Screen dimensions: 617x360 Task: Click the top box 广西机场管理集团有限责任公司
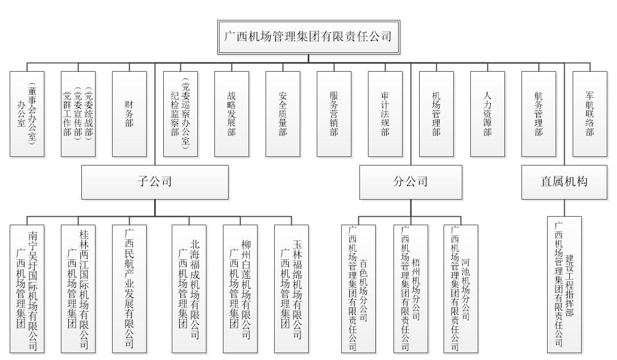coord(308,37)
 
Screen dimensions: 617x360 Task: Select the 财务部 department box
coord(129,114)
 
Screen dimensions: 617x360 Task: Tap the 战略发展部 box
coord(231,114)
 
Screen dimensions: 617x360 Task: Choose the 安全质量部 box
coord(283,114)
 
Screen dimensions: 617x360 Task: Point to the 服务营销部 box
coord(334,114)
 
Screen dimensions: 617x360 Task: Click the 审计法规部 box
coord(385,114)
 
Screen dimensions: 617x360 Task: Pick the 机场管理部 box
coord(436,114)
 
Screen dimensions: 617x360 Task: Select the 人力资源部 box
coord(487,114)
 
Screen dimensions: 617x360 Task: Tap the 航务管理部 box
coord(539,114)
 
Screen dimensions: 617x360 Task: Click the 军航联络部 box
coord(590,114)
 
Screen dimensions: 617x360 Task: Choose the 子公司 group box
coord(155,182)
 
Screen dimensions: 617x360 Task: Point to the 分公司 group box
coord(411,182)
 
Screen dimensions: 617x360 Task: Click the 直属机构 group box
coord(564,182)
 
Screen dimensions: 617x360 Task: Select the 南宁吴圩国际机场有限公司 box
coord(27,289)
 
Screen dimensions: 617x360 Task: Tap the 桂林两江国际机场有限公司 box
coord(78,289)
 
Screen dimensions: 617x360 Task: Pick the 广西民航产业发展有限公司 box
coord(129,289)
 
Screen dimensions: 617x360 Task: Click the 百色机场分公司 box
coord(358,289)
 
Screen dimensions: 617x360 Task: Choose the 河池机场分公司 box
coord(461,289)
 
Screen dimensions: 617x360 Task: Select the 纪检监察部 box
coord(180,114)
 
